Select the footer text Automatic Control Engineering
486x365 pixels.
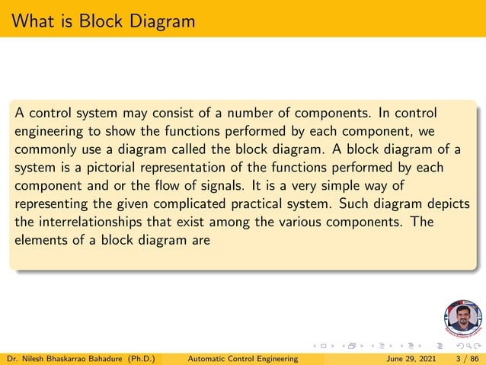point(242,358)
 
